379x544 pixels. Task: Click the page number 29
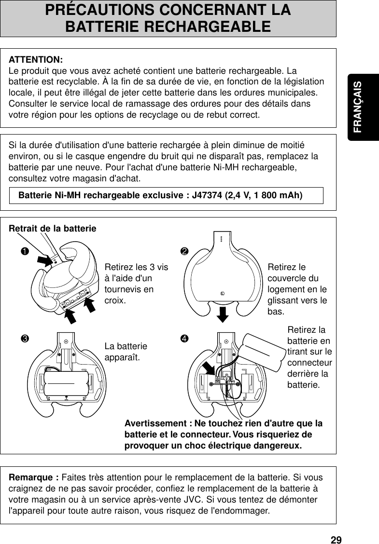336,539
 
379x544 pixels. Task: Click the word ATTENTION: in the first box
36,60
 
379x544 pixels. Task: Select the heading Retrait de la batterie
53,228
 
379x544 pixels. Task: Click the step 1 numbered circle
23,251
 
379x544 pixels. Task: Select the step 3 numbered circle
23,337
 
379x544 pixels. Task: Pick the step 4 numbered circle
184,337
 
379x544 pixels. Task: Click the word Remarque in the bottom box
32,477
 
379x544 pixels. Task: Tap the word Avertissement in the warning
155,423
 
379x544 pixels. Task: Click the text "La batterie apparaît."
126,352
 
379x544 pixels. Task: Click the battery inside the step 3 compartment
67,382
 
